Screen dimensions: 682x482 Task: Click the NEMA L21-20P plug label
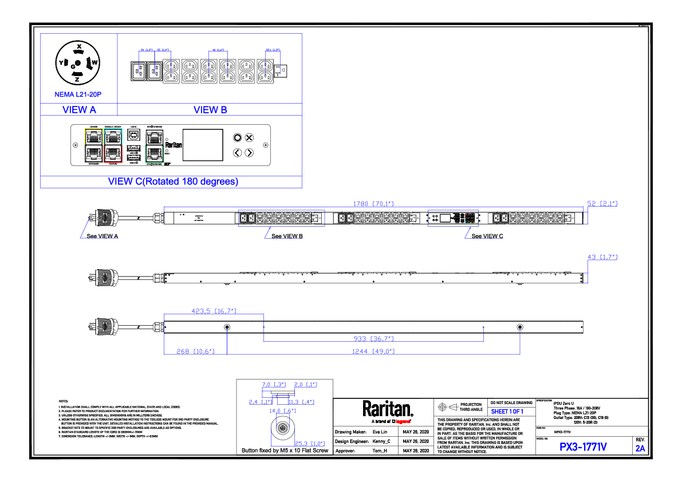(78, 94)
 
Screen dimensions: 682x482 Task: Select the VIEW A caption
(78, 109)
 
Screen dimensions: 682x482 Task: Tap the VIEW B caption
(210, 109)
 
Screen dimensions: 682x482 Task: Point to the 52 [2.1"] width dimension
(602, 203)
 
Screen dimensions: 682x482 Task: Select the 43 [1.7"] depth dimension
(602, 258)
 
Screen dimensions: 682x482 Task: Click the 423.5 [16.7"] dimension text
(214, 311)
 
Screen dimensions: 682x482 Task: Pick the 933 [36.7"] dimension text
(373, 338)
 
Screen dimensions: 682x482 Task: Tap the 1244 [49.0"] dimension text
(373, 351)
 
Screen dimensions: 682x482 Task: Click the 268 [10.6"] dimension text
(195, 351)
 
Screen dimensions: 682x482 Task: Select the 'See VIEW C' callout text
(487, 236)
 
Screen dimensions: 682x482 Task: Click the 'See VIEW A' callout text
(102, 236)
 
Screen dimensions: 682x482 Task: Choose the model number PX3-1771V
(582, 447)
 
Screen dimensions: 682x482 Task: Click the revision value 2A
(640, 448)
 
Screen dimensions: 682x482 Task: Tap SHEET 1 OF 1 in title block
(507, 412)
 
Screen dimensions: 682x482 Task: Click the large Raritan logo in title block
(387, 409)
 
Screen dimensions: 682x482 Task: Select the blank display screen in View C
(202, 145)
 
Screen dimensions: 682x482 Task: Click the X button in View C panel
(249, 137)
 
